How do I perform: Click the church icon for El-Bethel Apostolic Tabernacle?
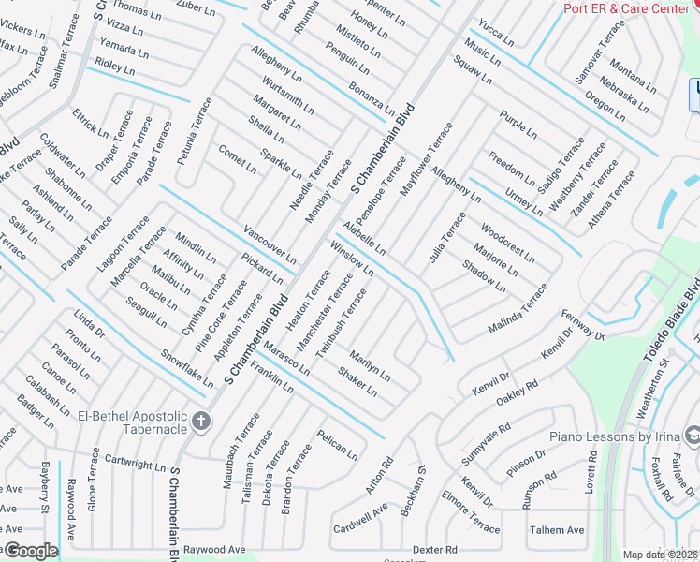(201, 421)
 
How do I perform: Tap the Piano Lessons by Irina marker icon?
(693, 436)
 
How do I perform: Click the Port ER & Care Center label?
(625, 8)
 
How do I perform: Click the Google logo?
(30, 551)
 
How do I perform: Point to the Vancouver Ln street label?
(270, 244)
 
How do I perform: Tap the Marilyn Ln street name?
(370, 364)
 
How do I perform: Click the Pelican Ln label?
(337, 444)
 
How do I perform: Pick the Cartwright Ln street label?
(135, 462)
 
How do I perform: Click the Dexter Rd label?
(435, 550)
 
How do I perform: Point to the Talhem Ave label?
(557, 530)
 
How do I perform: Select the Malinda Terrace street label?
(518, 313)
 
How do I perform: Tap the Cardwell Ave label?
(359, 518)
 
